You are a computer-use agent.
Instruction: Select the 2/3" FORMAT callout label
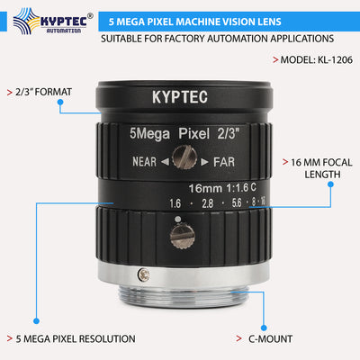40,92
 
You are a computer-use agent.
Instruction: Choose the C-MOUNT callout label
275,338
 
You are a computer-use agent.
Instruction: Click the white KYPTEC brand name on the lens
181,95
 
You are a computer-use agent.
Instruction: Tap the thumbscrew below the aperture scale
181,238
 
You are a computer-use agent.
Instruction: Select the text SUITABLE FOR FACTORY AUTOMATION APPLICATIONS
217,39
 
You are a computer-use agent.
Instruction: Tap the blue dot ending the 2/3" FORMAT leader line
59,102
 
